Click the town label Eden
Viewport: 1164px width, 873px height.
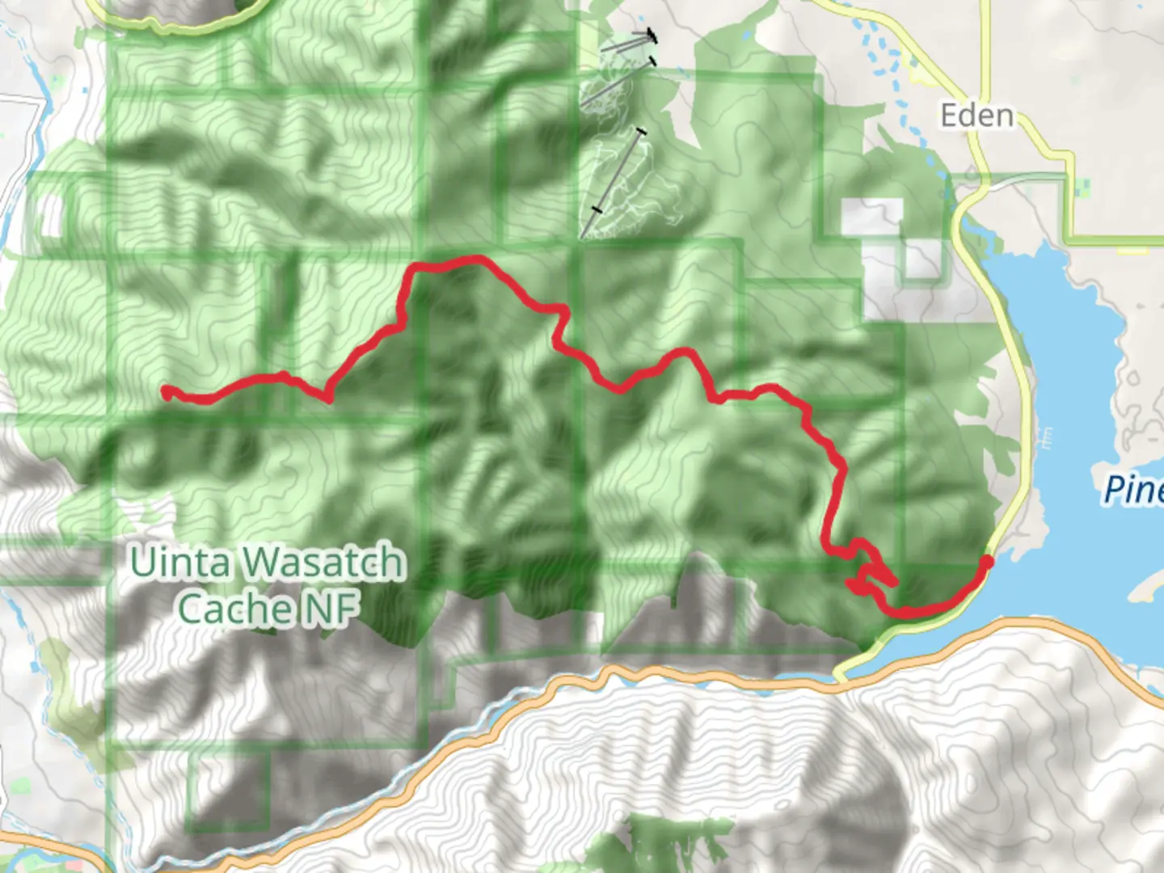[976, 116]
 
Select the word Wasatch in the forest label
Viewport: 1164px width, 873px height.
[323, 563]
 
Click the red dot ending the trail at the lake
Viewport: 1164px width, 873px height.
[986, 562]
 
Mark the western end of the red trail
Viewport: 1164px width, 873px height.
[167, 393]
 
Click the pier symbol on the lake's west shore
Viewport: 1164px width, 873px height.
[1047, 437]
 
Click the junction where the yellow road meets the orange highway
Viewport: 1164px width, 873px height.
[841, 677]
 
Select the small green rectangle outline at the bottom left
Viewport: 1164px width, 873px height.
[227, 791]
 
